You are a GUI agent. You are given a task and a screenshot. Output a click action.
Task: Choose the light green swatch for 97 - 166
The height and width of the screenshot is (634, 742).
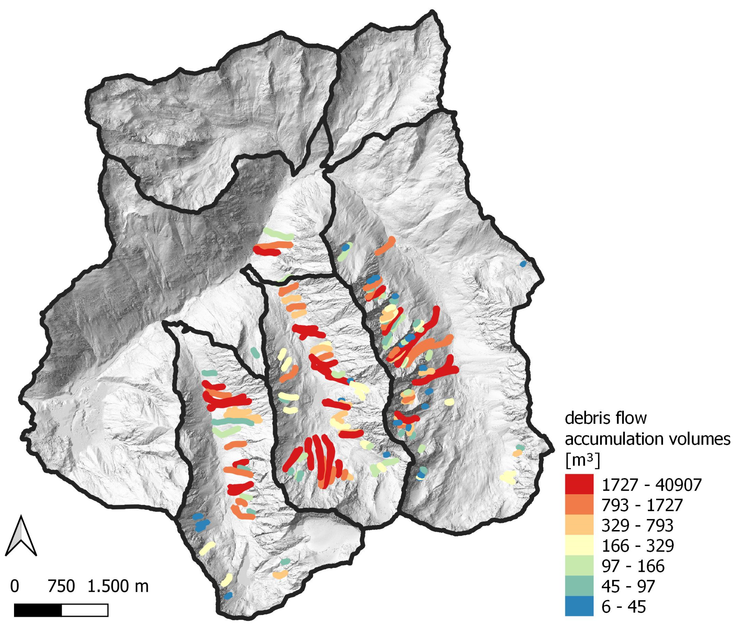point(579,566)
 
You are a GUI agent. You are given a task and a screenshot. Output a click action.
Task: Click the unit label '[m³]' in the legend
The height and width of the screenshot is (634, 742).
point(582,461)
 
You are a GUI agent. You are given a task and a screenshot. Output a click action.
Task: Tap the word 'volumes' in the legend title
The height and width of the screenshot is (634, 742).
point(704,439)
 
